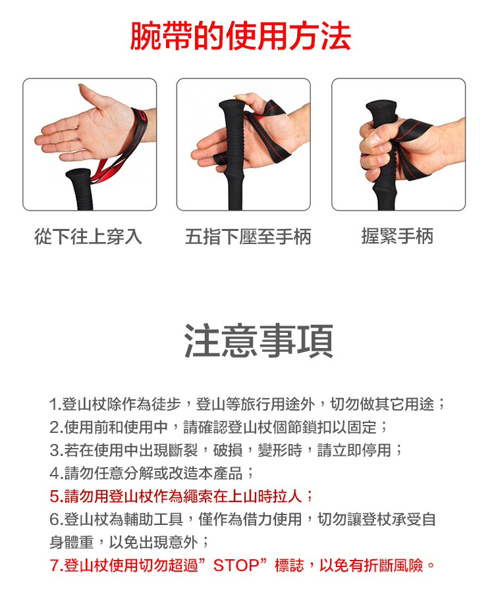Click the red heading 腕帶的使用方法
(240, 36)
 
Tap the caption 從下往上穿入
(88, 236)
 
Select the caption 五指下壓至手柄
(248, 236)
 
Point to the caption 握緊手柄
(397, 236)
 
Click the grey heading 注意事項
(259, 341)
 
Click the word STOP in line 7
(236, 565)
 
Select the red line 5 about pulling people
(181, 496)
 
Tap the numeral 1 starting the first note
(53, 405)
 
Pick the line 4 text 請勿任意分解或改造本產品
(153, 473)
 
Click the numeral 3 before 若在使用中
(54, 451)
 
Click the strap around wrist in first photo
(140, 126)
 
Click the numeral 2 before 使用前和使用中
(54, 428)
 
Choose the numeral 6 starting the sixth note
(54, 519)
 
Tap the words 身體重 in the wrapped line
(72, 542)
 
